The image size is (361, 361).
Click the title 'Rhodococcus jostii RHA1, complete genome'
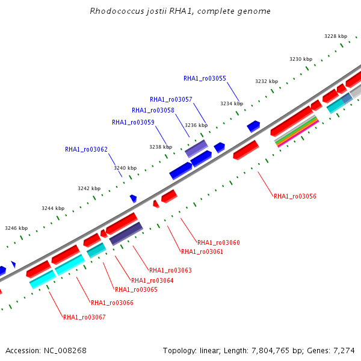coord(180,11)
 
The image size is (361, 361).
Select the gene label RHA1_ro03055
coord(205,78)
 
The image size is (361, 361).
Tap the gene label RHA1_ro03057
coord(171,99)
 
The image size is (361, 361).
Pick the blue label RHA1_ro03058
coord(153,110)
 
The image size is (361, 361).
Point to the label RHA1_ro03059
coord(133,122)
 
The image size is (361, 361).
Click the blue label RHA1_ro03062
coord(86,149)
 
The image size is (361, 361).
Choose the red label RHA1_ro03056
coord(295,196)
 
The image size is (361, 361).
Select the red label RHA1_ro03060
coord(218,242)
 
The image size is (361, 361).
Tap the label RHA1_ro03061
coord(202,251)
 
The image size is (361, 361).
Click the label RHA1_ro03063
coord(170,270)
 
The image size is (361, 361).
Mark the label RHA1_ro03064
coord(152,280)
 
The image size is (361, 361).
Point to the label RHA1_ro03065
coord(136,289)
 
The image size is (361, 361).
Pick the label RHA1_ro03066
coord(112,303)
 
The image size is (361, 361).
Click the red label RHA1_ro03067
coord(84,317)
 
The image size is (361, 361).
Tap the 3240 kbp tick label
coord(125,168)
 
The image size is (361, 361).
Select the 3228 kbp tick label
coord(336,36)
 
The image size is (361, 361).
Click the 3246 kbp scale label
coord(16,228)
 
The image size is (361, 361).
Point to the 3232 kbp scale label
coord(267,81)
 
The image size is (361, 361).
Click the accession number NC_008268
coord(65,351)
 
